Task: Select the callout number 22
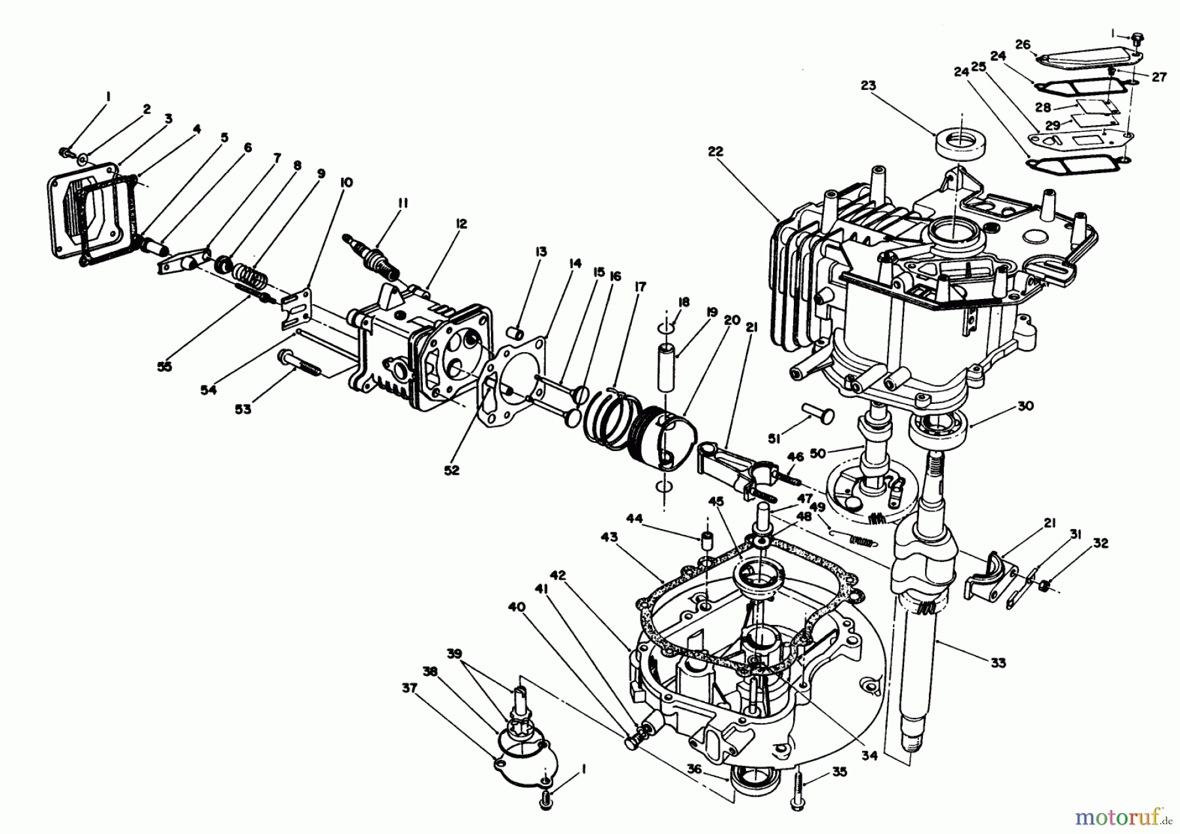pos(715,151)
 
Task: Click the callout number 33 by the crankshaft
pos(997,664)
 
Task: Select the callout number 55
pos(165,367)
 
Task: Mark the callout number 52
pos(452,470)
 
